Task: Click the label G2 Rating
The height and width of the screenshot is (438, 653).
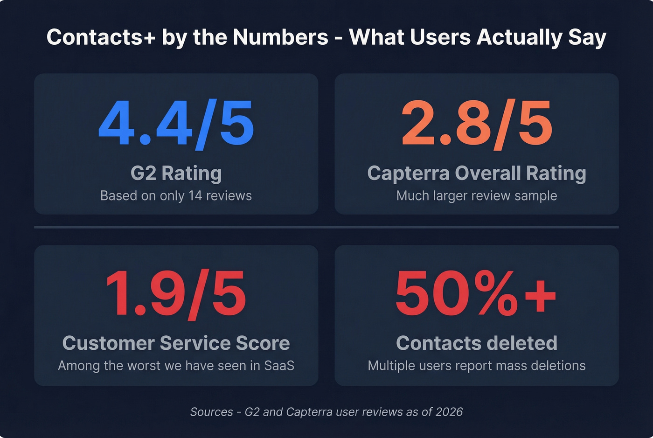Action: point(176,174)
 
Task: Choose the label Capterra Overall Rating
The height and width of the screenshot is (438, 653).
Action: point(476,174)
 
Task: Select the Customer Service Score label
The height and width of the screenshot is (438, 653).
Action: point(176,343)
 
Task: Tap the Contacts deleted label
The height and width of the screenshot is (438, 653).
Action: point(476,343)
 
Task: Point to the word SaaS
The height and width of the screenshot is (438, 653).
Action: point(279,365)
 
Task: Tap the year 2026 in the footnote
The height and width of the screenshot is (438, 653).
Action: point(449,412)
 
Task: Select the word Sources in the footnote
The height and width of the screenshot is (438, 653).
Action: point(211,412)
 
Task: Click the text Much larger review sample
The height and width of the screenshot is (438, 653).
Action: point(476,196)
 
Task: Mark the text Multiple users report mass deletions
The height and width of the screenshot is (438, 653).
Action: point(476,365)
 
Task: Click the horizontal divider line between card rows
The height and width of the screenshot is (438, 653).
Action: point(326,227)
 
